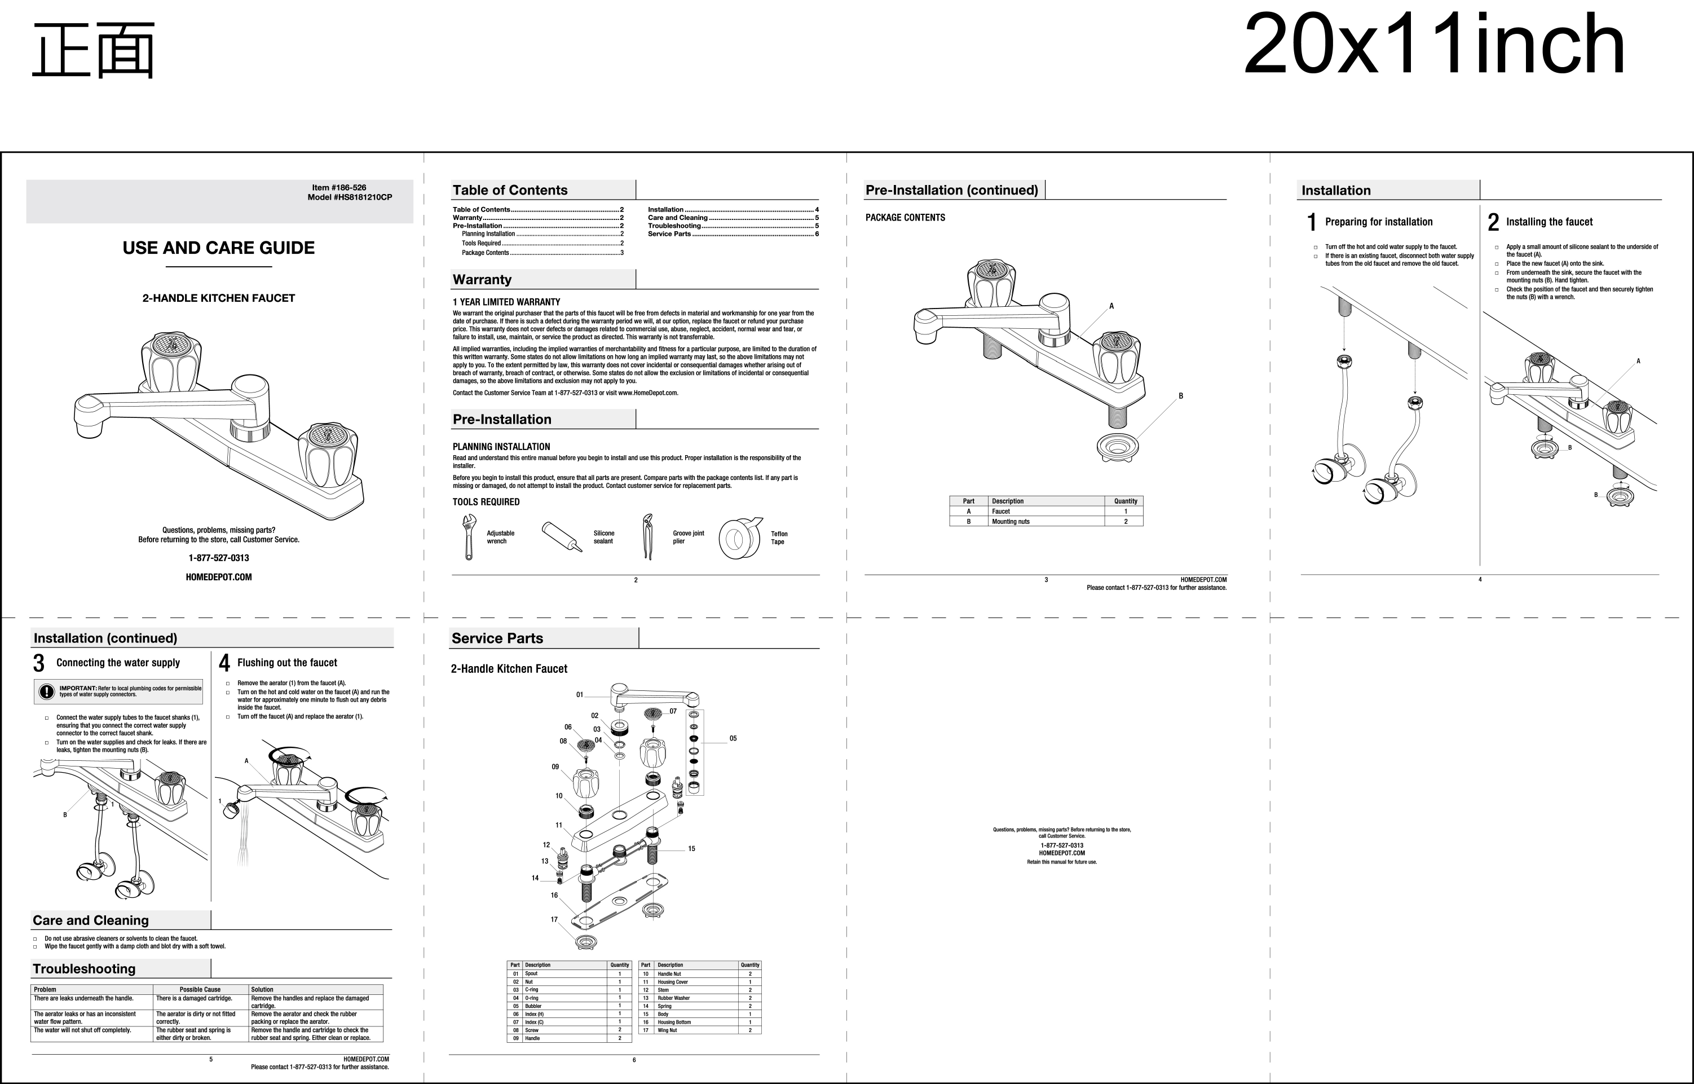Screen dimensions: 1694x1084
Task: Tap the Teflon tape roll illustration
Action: click(x=739, y=539)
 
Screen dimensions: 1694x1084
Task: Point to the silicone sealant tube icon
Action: click(x=562, y=537)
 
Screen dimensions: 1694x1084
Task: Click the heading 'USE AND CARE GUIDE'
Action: click(x=219, y=248)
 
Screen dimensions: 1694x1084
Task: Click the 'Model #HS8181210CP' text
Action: click(x=350, y=197)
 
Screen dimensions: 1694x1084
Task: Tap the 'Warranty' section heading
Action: click(x=482, y=279)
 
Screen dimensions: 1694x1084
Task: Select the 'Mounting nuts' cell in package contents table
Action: click(x=1011, y=522)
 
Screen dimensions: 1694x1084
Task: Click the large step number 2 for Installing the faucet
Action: click(x=1493, y=222)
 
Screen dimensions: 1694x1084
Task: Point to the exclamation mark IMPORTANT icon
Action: click(x=46, y=692)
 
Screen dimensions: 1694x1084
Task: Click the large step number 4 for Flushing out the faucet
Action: click(x=224, y=663)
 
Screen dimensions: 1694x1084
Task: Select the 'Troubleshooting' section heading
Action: click(x=84, y=968)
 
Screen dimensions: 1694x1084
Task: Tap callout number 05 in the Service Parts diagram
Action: click(x=733, y=738)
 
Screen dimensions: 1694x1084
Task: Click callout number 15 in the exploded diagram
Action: click(x=691, y=849)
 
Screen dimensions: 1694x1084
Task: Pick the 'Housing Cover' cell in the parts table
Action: click(x=673, y=982)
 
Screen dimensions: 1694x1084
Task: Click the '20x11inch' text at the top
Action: click(x=1434, y=45)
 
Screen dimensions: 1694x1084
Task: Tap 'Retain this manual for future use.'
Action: click(x=1062, y=862)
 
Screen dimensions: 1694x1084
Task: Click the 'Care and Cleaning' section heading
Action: click(x=91, y=920)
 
